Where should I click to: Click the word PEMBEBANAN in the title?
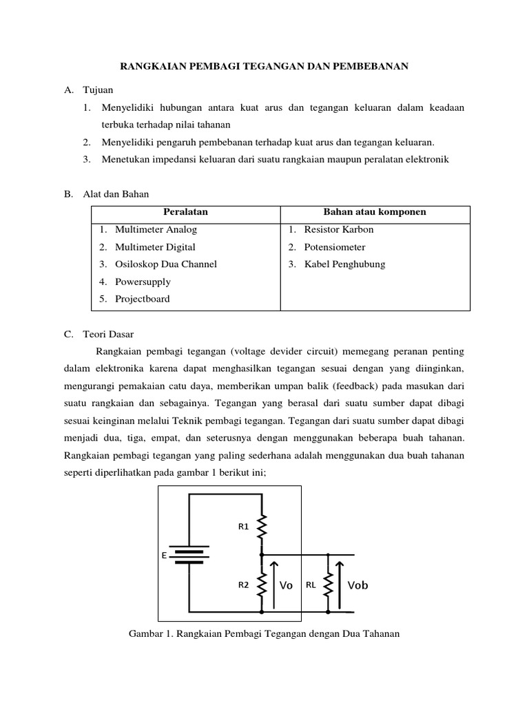coord(373,66)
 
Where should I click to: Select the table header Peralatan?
coord(185,212)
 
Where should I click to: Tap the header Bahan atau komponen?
coord(375,212)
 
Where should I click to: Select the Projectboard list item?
coord(143,299)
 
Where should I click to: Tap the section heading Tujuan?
coord(98,90)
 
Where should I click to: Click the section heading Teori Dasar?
coord(107,334)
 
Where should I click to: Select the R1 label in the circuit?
coord(243,527)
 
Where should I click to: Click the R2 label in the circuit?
coord(243,585)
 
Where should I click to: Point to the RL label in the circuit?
coord(311,585)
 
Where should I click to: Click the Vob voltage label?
coord(357,585)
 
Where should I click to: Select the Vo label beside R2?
coord(286,585)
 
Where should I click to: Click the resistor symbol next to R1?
coord(262,529)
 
